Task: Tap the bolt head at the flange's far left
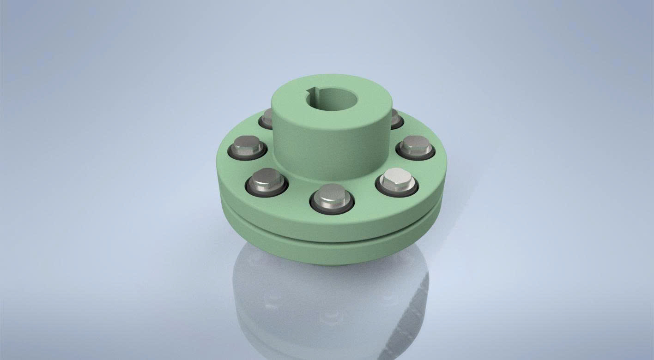pyautogui.click(x=248, y=146)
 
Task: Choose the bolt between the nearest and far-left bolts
pyautogui.click(x=267, y=180)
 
